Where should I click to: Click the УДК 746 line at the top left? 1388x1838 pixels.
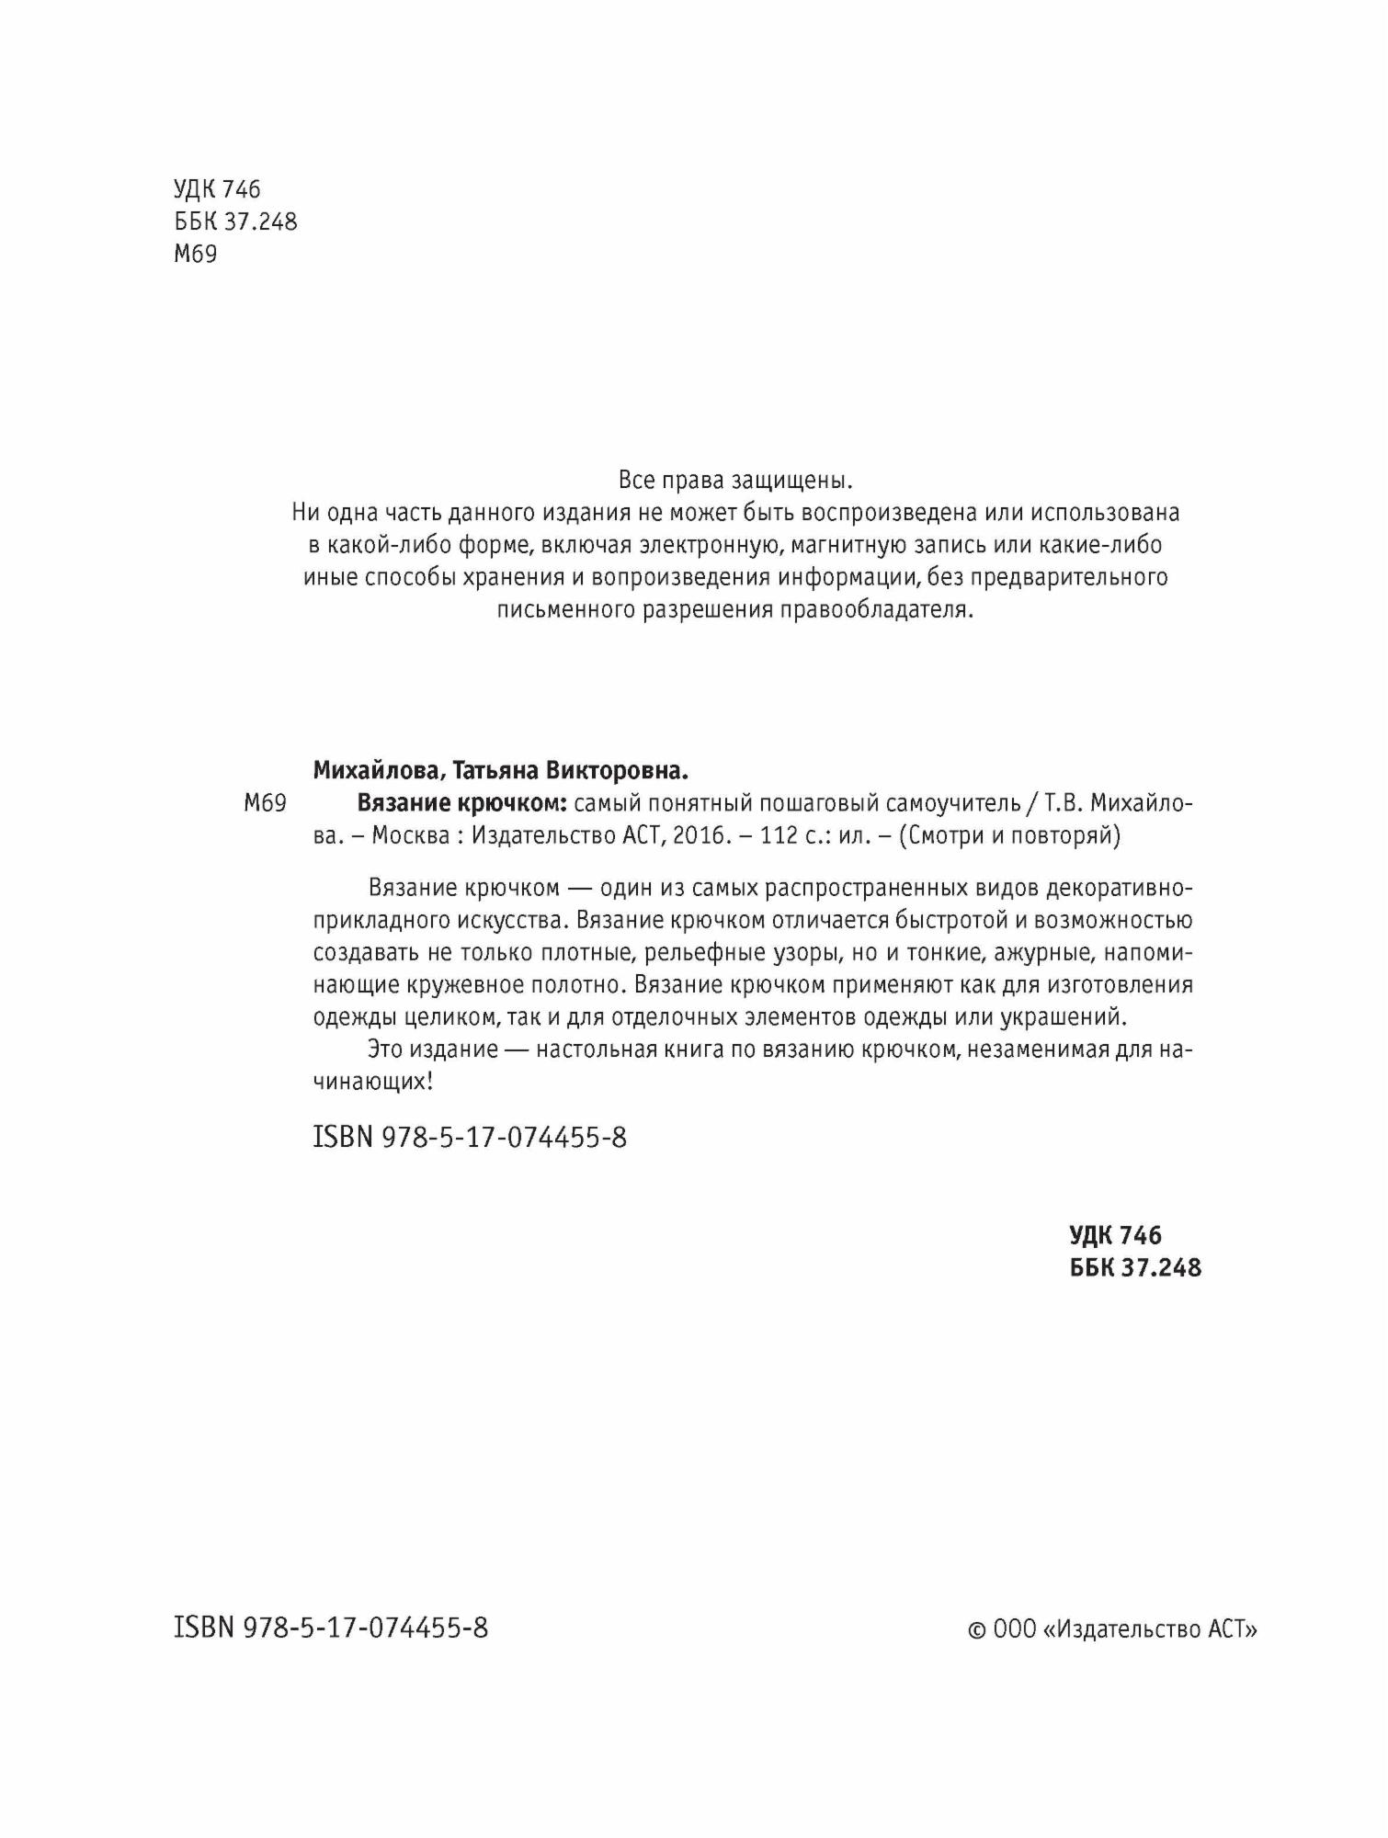tap(217, 189)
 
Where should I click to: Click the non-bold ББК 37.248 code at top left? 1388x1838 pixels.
tap(235, 221)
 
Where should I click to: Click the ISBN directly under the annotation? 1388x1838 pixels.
tap(470, 1138)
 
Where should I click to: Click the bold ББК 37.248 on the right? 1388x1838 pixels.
tap(1135, 1267)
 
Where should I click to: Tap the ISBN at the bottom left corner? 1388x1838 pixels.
tap(331, 1628)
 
